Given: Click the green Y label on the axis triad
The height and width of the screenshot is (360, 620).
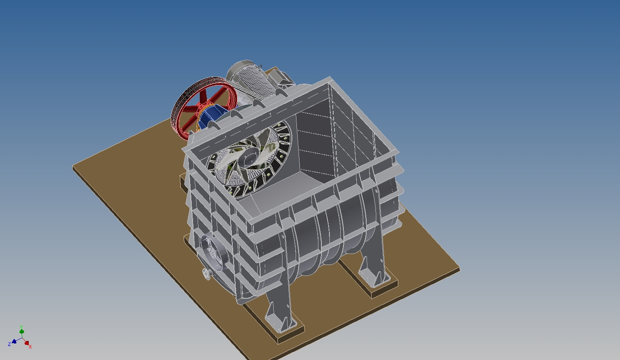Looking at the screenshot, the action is click(21, 327).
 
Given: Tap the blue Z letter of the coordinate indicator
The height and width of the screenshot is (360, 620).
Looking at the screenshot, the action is click(9, 344).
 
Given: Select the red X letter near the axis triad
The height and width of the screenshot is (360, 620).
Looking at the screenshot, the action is click(30, 346).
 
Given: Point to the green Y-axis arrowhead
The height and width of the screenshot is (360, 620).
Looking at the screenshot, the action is click(22, 331).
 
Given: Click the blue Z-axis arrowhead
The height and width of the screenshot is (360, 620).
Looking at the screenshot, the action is click(14, 341).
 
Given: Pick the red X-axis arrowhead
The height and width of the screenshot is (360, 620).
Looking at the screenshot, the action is click(27, 343).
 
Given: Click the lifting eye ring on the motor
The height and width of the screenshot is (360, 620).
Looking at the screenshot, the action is click(260, 66).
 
